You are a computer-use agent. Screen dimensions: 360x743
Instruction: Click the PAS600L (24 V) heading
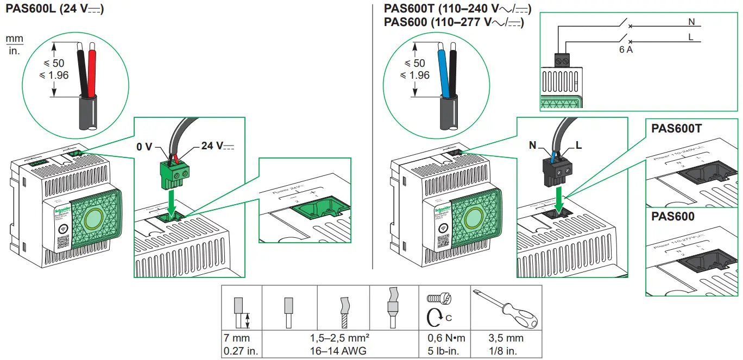[x=54, y=9]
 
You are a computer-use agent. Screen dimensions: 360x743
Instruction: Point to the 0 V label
[x=144, y=146]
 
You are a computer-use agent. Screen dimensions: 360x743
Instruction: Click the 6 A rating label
[x=626, y=50]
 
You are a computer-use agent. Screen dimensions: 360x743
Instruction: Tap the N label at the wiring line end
[x=691, y=22]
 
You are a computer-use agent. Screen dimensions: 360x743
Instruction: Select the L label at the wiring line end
[x=691, y=37]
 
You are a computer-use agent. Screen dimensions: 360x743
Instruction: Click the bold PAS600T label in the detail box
[x=676, y=130]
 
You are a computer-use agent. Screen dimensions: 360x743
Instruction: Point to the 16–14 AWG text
[x=342, y=351]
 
